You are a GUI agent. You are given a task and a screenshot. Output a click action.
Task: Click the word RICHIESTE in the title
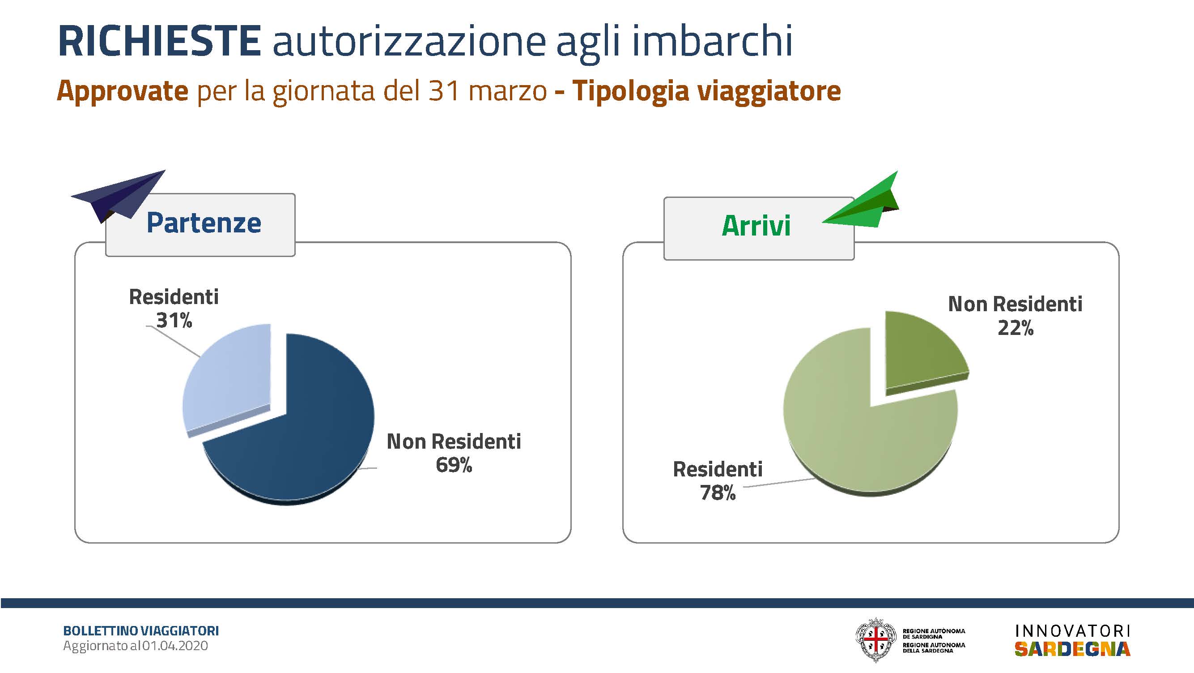[x=159, y=41]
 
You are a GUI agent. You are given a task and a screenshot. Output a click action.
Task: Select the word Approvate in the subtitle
[x=123, y=91]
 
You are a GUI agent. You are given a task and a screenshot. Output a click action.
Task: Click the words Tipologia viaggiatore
[x=706, y=91]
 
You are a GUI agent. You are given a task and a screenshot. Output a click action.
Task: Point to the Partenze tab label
[x=204, y=223]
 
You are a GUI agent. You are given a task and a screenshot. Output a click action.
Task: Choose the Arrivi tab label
[x=756, y=226]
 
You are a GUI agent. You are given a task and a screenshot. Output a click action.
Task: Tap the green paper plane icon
[x=861, y=200]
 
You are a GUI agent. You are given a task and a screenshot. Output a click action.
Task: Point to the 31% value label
[x=174, y=321]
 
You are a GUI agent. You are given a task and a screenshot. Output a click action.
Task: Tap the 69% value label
[x=454, y=465]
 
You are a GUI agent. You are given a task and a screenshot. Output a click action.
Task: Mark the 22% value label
[x=1016, y=328]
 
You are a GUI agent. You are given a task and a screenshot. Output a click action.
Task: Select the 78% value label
[x=718, y=493]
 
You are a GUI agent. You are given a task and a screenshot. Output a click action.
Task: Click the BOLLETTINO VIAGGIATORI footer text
[x=141, y=631]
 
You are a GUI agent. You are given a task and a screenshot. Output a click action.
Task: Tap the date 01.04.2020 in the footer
[x=175, y=646]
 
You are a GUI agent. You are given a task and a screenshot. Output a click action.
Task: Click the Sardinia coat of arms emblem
[x=875, y=640]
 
